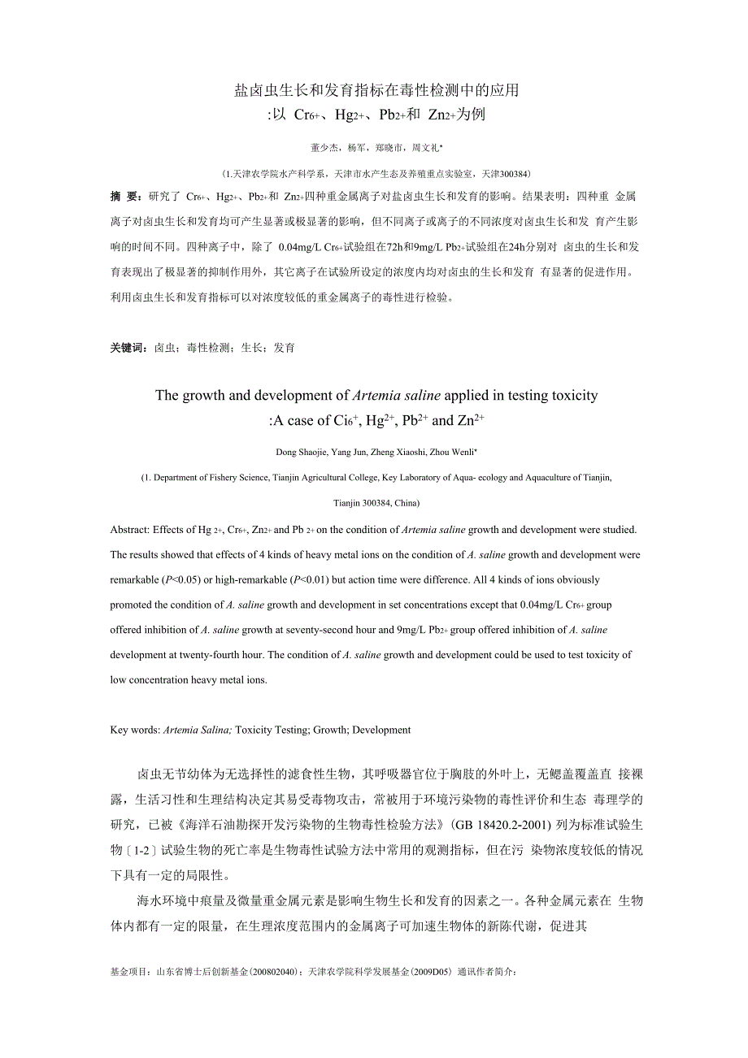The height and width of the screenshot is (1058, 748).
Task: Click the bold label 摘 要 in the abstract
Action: pyautogui.click(x=125, y=196)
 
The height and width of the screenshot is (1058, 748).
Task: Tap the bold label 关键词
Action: pyautogui.click(x=128, y=348)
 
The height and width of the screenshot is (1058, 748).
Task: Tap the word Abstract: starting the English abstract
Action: pyautogui.click(x=130, y=530)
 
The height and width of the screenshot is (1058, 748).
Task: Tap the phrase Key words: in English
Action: pyautogui.click(x=135, y=730)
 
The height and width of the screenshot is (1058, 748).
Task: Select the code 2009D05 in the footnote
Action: pyautogui.click(x=433, y=972)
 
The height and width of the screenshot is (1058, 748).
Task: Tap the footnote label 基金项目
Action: pyautogui.click(x=128, y=972)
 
